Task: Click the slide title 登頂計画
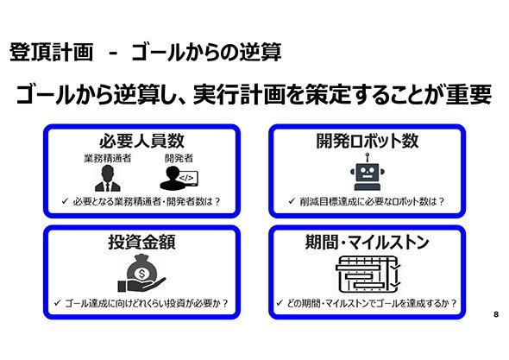(51, 52)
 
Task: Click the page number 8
(496, 314)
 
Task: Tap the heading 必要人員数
(141, 141)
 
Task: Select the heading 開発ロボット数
(368, 141)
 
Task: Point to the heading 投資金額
(141, 242)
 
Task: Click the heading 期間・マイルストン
(368, 242)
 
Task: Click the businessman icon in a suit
(108, 178)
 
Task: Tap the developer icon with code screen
(179, 178)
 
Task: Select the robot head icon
(368, 172)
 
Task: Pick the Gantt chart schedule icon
(368, 274)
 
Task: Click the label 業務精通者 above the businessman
(108, 158)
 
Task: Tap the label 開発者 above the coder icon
(179, 158)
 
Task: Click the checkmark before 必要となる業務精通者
(65, 201)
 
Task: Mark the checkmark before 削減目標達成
(292, 201)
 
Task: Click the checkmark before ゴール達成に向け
(57, 303)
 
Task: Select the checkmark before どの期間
(280, 303)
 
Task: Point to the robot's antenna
(368, 158)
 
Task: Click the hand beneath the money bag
(141, 284)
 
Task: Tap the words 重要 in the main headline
(468, 94)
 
